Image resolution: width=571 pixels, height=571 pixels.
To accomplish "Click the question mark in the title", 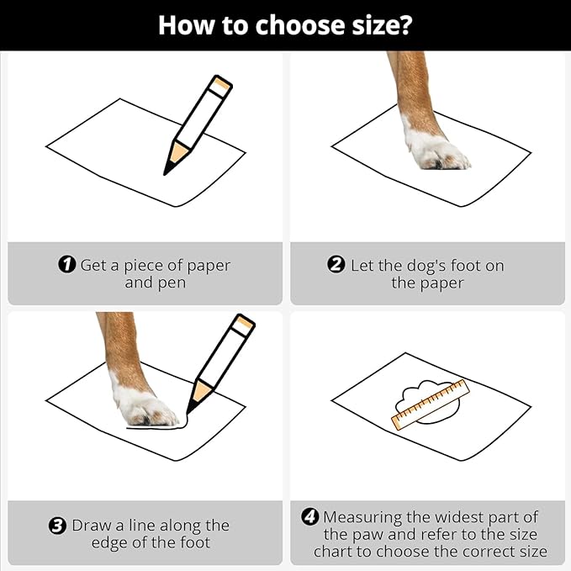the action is pos(404,24).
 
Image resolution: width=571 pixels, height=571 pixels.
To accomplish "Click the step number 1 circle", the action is pos(67,264).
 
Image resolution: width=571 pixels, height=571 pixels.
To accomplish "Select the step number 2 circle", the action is pos(336,264).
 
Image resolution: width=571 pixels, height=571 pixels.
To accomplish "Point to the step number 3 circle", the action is pos(57,526).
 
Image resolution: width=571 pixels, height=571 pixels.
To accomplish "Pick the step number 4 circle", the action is pos(310,516).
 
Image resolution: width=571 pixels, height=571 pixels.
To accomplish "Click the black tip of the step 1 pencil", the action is pos(168,168).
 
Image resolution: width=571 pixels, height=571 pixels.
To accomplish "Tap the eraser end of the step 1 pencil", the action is pos(222,86).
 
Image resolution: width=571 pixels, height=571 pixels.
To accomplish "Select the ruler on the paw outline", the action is pos(431,404).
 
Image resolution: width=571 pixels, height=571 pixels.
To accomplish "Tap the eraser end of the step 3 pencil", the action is pos(244,325).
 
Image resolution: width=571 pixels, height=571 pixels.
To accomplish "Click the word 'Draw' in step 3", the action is pos(92,525).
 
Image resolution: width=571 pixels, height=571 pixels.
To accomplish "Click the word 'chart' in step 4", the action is pos(332,552).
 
